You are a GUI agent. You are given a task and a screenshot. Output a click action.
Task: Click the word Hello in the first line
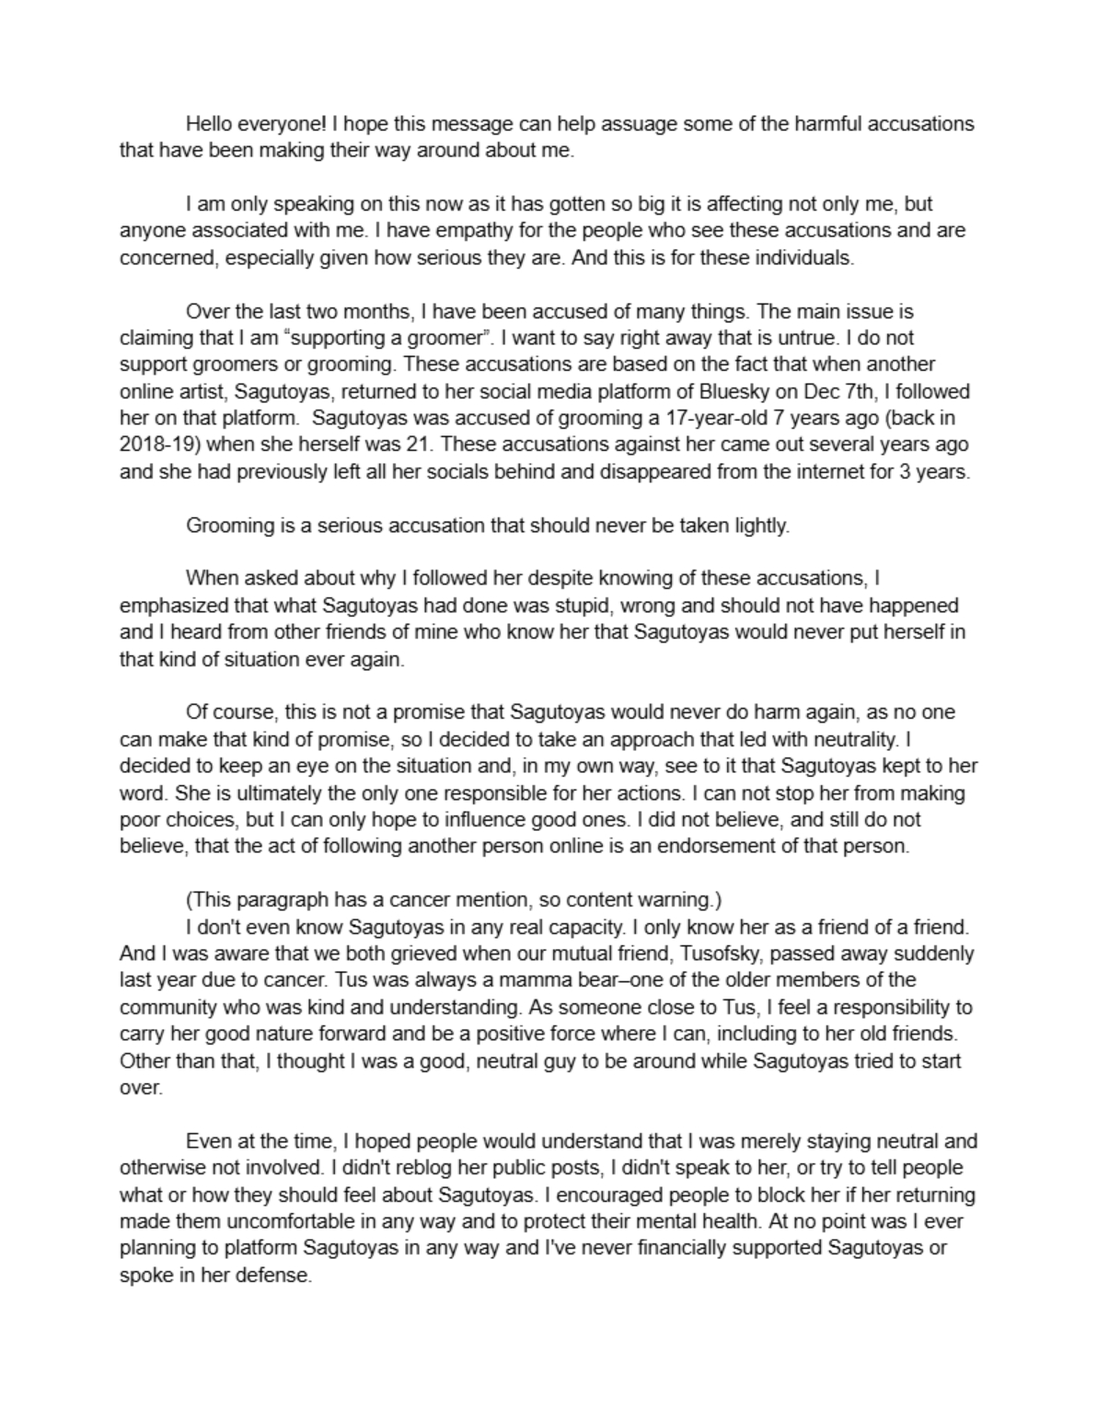coord(208,123)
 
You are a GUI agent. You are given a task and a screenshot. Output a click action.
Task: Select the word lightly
coord(760,526)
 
